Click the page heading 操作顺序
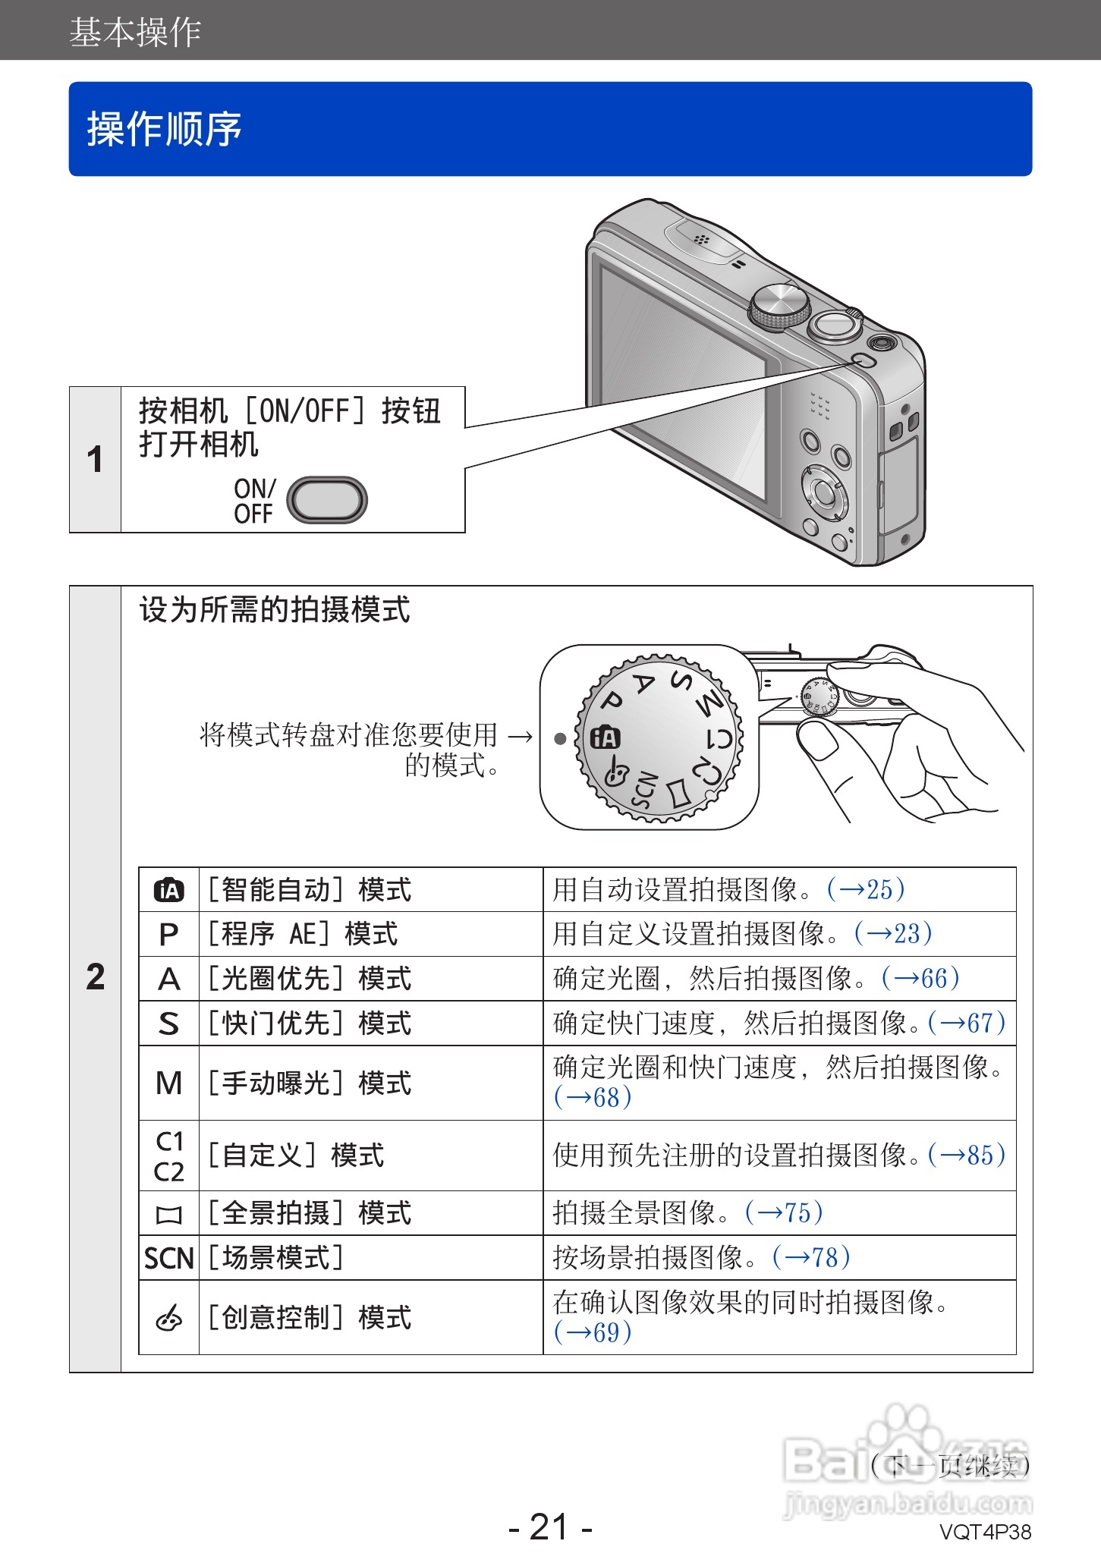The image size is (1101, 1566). pyautogui.click(x=164, y=129)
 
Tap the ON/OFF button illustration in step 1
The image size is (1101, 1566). pyautogui.click(x=326, y=500)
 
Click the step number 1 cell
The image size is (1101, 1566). pyautogui.click(x=95, y=460)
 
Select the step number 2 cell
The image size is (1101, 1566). pyautogui.click(x=95, y=976)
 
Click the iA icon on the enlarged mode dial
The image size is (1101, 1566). pyautogui.click(x=606, y=737)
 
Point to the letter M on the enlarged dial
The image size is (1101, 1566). pyautogui.click(x=709, y=703)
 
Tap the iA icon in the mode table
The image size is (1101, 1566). pyautogui.click(x=168, y=890)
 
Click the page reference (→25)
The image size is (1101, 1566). pyautogui.click(x=866, y=889)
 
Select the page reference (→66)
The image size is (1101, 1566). pyautogui.click(x=920, y=978)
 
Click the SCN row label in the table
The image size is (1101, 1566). pyautogui.click(x=168, y=1259)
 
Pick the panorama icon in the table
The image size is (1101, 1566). pyautogui.click(x=168, y=1215)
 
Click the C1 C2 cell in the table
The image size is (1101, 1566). pyautogui.click(x=168, y=1156)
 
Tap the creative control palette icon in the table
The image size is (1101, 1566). pyautogui.click(x=168, y=1319)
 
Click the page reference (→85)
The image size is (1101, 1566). pyautogui.click(x=967, y=1156)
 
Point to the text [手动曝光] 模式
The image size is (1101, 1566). pyautogui.click(x=310, y=1083)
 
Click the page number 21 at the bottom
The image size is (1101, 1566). pyautogui.click(x=549, y=1527)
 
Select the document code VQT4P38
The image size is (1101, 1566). pyautogui.click(x=985, y=1532)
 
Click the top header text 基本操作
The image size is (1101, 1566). pyautogui.click(x=135, y=32)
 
